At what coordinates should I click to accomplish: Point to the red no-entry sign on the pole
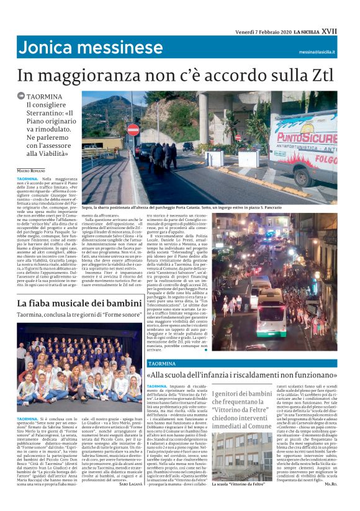[x=133, y=130]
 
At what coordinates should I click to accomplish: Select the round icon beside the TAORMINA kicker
[x=21, y=97]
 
